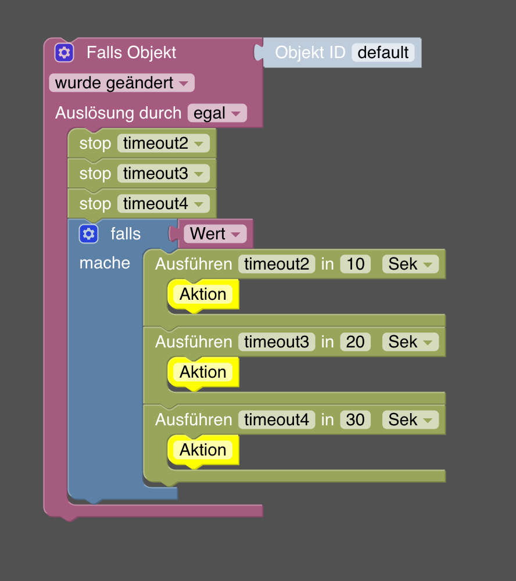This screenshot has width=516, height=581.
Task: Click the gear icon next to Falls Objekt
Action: tap(64, 53)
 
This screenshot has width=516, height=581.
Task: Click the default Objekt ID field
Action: tap(383, 53)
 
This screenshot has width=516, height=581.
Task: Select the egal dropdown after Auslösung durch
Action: tap(217, 113)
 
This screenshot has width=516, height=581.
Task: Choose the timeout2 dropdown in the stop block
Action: tap(163, 144)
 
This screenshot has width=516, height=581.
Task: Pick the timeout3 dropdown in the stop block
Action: tap(163, 174)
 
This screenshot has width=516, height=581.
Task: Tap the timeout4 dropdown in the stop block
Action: tap(163, 204)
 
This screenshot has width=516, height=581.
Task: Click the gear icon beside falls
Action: tap(88, 234)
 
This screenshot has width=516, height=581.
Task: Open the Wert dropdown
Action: tap(215, 234)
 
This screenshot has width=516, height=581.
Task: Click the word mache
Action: tap(105, 263)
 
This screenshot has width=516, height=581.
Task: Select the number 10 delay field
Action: tap(356, 264)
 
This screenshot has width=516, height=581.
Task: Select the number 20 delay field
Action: tap(356, 342)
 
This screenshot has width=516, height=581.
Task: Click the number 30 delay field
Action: tap(356, 420)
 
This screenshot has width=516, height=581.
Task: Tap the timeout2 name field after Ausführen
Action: tap(277, 264)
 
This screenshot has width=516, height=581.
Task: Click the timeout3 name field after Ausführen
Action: tap(277, 342)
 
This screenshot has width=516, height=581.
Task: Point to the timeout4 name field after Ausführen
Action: tap(277, 420)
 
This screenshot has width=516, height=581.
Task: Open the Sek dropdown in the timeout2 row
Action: tap(410, 264)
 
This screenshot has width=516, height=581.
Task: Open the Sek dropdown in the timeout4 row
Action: tap(410, 420)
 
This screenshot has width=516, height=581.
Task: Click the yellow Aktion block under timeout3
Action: tap(203, 372)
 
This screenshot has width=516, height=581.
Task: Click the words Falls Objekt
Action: tap(131, 53)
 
